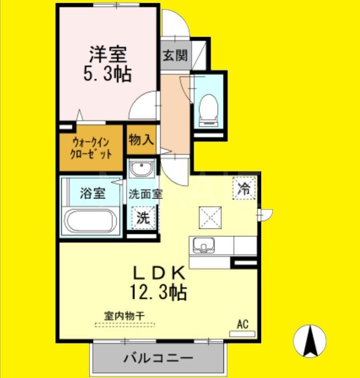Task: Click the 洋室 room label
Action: (x=108, y=54)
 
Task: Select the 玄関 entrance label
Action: (x=175, y=55)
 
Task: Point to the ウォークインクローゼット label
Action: (x=92, y=148)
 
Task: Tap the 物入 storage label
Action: (x=141, y=140)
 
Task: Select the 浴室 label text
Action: (x=92, y=194)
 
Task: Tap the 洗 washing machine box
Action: (x=144, y=218)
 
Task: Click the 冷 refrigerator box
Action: (x=244, y=189)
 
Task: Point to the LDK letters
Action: (x=159, y=274)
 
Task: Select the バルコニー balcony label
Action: (x=158, y=357)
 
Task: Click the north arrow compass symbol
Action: (x=309, y=341)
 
